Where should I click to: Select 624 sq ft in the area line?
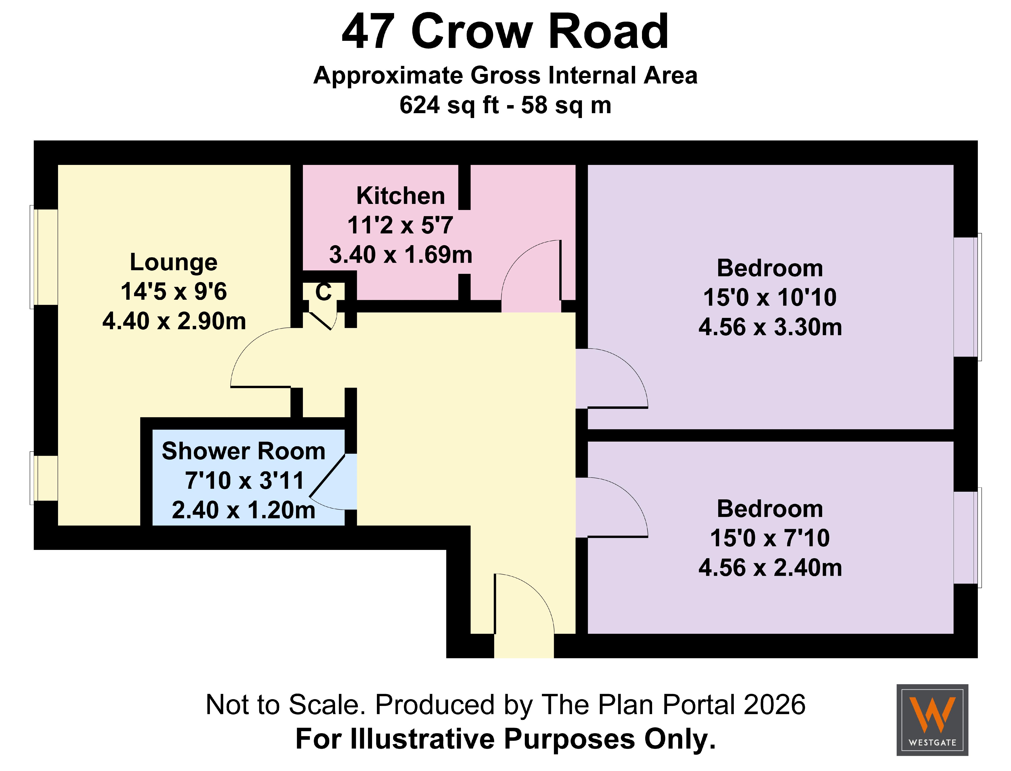448,105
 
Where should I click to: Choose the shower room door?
333,482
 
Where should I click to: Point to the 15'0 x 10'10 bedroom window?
967,297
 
